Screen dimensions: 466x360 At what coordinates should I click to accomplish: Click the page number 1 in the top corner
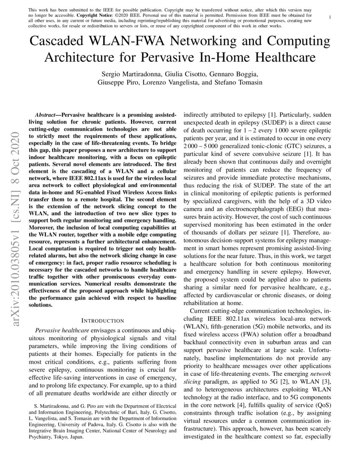tap(330, 17)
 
